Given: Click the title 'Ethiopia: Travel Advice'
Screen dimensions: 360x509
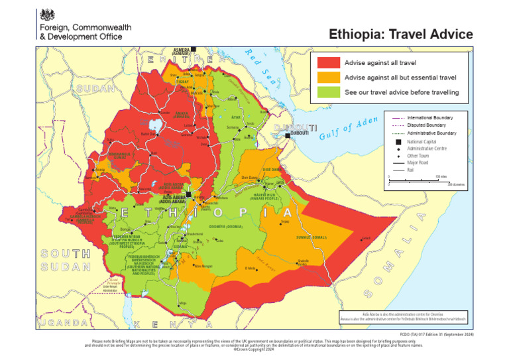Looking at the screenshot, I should click(x=401, y=34).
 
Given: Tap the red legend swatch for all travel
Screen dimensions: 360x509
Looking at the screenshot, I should click(x=328, y=62).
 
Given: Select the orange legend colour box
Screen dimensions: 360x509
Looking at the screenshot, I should click(x=328, y=78).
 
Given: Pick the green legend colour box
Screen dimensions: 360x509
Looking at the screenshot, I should click(x=328, y=93).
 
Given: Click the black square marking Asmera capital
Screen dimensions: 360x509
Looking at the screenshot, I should click(x=194, y=49).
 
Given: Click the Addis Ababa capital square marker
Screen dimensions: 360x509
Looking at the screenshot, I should click(x=189, y=195).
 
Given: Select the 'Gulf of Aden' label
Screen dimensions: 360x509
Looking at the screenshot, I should click(x=348, y=129).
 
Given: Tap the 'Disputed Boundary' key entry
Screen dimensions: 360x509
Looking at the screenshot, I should click(x=426, y=125).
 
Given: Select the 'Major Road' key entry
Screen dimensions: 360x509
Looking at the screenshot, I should click(x=419, y=162).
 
